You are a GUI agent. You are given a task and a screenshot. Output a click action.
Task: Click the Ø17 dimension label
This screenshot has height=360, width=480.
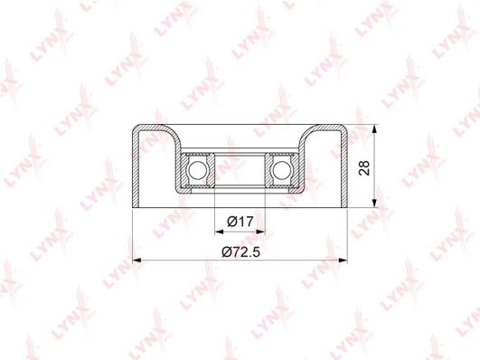[x=240, y=221]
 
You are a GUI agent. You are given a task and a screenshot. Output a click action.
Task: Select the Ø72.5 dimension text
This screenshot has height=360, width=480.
[x=241, y=251]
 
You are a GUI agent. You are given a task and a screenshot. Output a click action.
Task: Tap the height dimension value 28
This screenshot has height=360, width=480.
[x=364, y=167]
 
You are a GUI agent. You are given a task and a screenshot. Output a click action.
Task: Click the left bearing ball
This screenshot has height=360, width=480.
[x=197, y=170]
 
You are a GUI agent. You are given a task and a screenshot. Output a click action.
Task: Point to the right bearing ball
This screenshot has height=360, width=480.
[x=281, y=170]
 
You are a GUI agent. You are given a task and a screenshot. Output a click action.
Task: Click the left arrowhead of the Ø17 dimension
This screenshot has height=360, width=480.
[x=219, y=232]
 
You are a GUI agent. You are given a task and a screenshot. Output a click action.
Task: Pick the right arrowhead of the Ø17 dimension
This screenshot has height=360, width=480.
[x=261, y=232]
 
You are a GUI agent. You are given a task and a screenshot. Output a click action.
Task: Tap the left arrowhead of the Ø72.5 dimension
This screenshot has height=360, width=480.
[x=136, y=261]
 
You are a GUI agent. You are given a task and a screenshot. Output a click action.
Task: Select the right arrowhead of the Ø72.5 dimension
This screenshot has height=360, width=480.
[x=344, y=261]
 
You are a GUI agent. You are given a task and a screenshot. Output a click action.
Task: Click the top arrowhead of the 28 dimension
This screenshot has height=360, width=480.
[x=373, y=128]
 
